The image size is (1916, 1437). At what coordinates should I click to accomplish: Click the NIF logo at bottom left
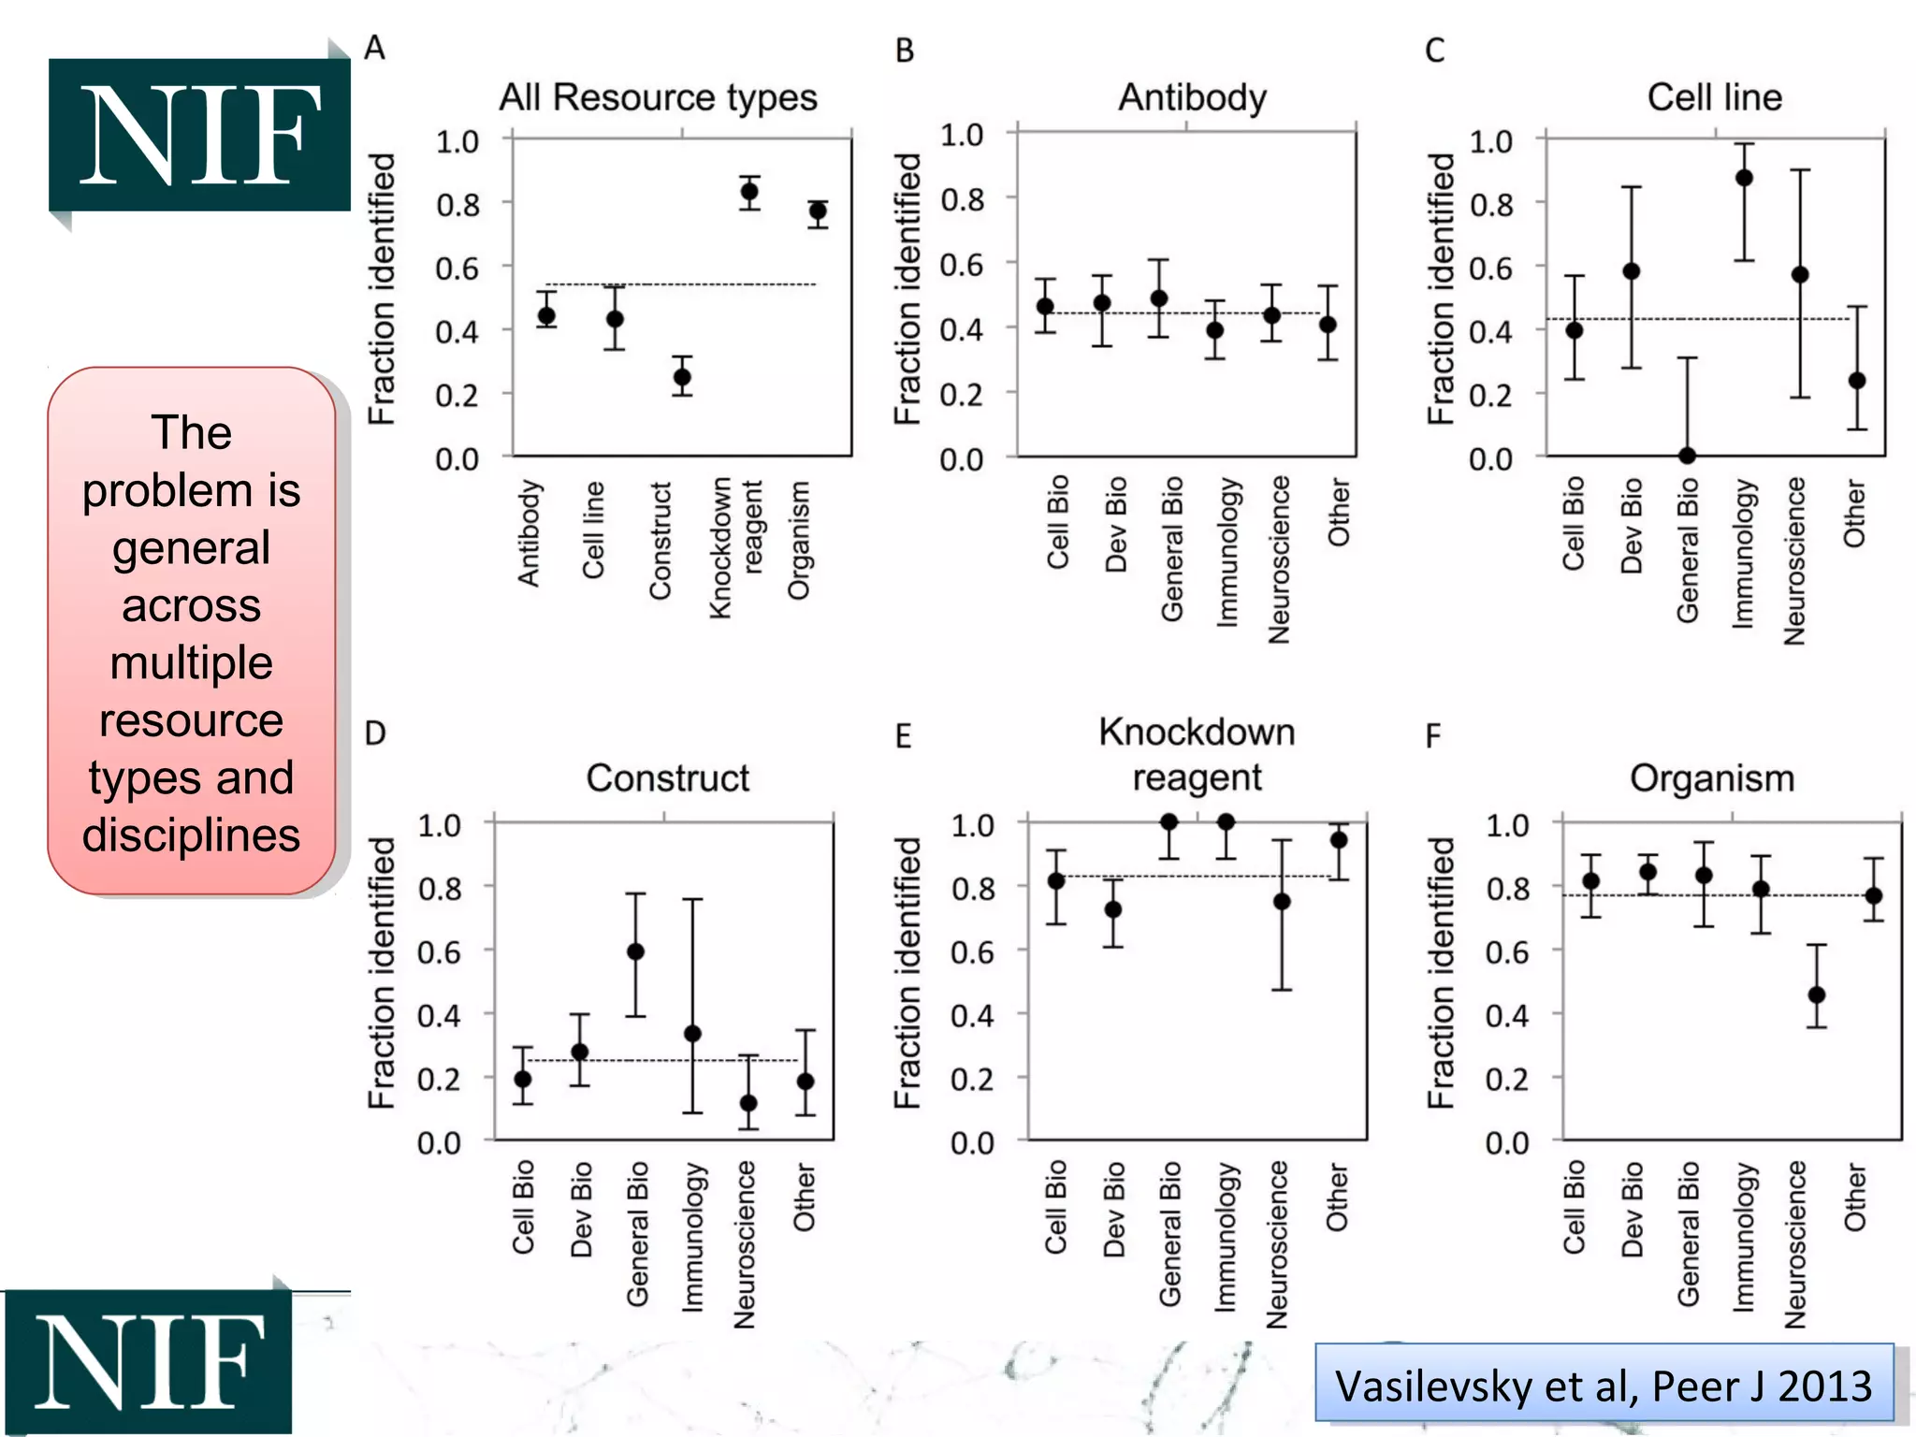point(148,1361)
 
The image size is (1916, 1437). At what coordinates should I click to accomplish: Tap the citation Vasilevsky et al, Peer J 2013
point(1604,1386)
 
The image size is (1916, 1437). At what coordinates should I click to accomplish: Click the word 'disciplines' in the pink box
point(192,835)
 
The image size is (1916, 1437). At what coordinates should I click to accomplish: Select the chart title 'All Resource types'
point(658,97)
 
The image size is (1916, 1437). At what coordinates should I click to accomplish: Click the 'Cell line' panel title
point(1714,97)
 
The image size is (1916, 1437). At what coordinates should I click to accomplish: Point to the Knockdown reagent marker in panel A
point(749,193)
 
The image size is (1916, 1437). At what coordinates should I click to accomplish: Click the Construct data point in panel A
point(683,378)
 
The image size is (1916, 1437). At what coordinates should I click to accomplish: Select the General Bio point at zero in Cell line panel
point(1687,456)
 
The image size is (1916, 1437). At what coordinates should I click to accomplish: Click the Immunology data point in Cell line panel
point(1744,178)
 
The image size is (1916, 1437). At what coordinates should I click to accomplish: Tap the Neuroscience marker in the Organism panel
point(1817,994)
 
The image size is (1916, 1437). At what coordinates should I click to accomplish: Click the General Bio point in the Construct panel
point(635,951)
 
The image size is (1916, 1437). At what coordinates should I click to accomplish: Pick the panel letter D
point(375,733)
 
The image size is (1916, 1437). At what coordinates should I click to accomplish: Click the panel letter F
point(1433,736)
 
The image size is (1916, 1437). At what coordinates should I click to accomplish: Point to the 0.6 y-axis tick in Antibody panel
point(963,264)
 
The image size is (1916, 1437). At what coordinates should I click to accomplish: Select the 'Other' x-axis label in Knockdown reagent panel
point(1337,1197)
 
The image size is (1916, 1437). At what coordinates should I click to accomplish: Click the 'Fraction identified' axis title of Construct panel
point(381,973)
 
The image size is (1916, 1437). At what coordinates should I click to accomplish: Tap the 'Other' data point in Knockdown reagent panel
point(1339,840)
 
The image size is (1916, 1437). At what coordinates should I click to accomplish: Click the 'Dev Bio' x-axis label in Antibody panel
point(1116,524)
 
